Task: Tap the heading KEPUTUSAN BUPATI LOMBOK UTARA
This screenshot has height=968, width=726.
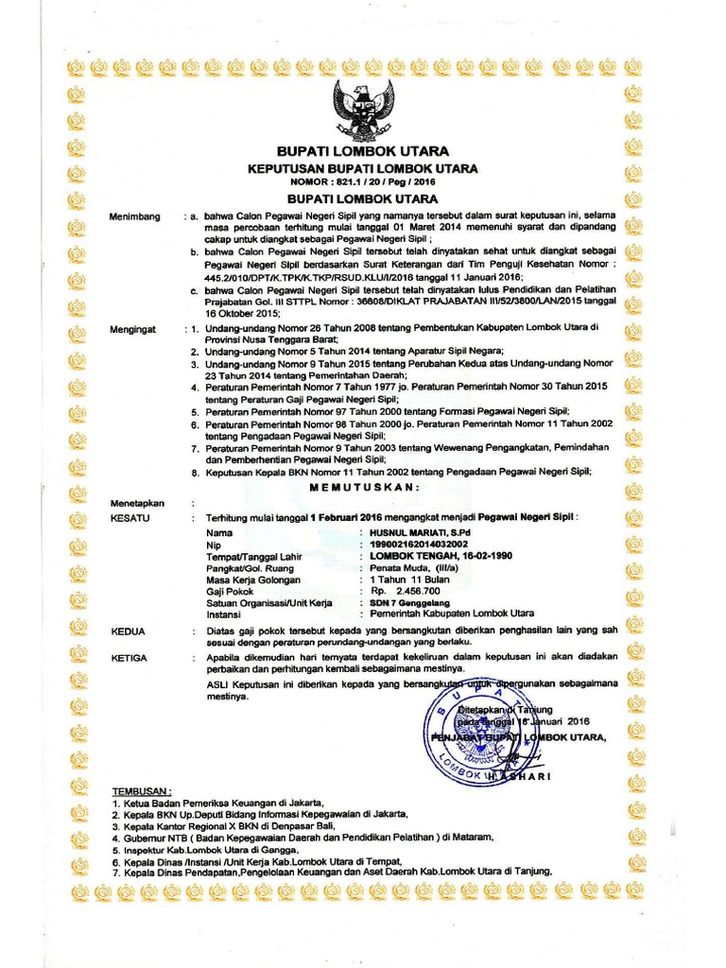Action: click(x=362, y=168)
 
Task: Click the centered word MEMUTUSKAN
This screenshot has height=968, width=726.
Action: click(x=363, y=486)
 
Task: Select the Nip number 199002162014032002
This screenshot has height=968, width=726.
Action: click(x=418, y=545)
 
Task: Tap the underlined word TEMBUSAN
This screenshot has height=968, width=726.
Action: click(x=142, y=789)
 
